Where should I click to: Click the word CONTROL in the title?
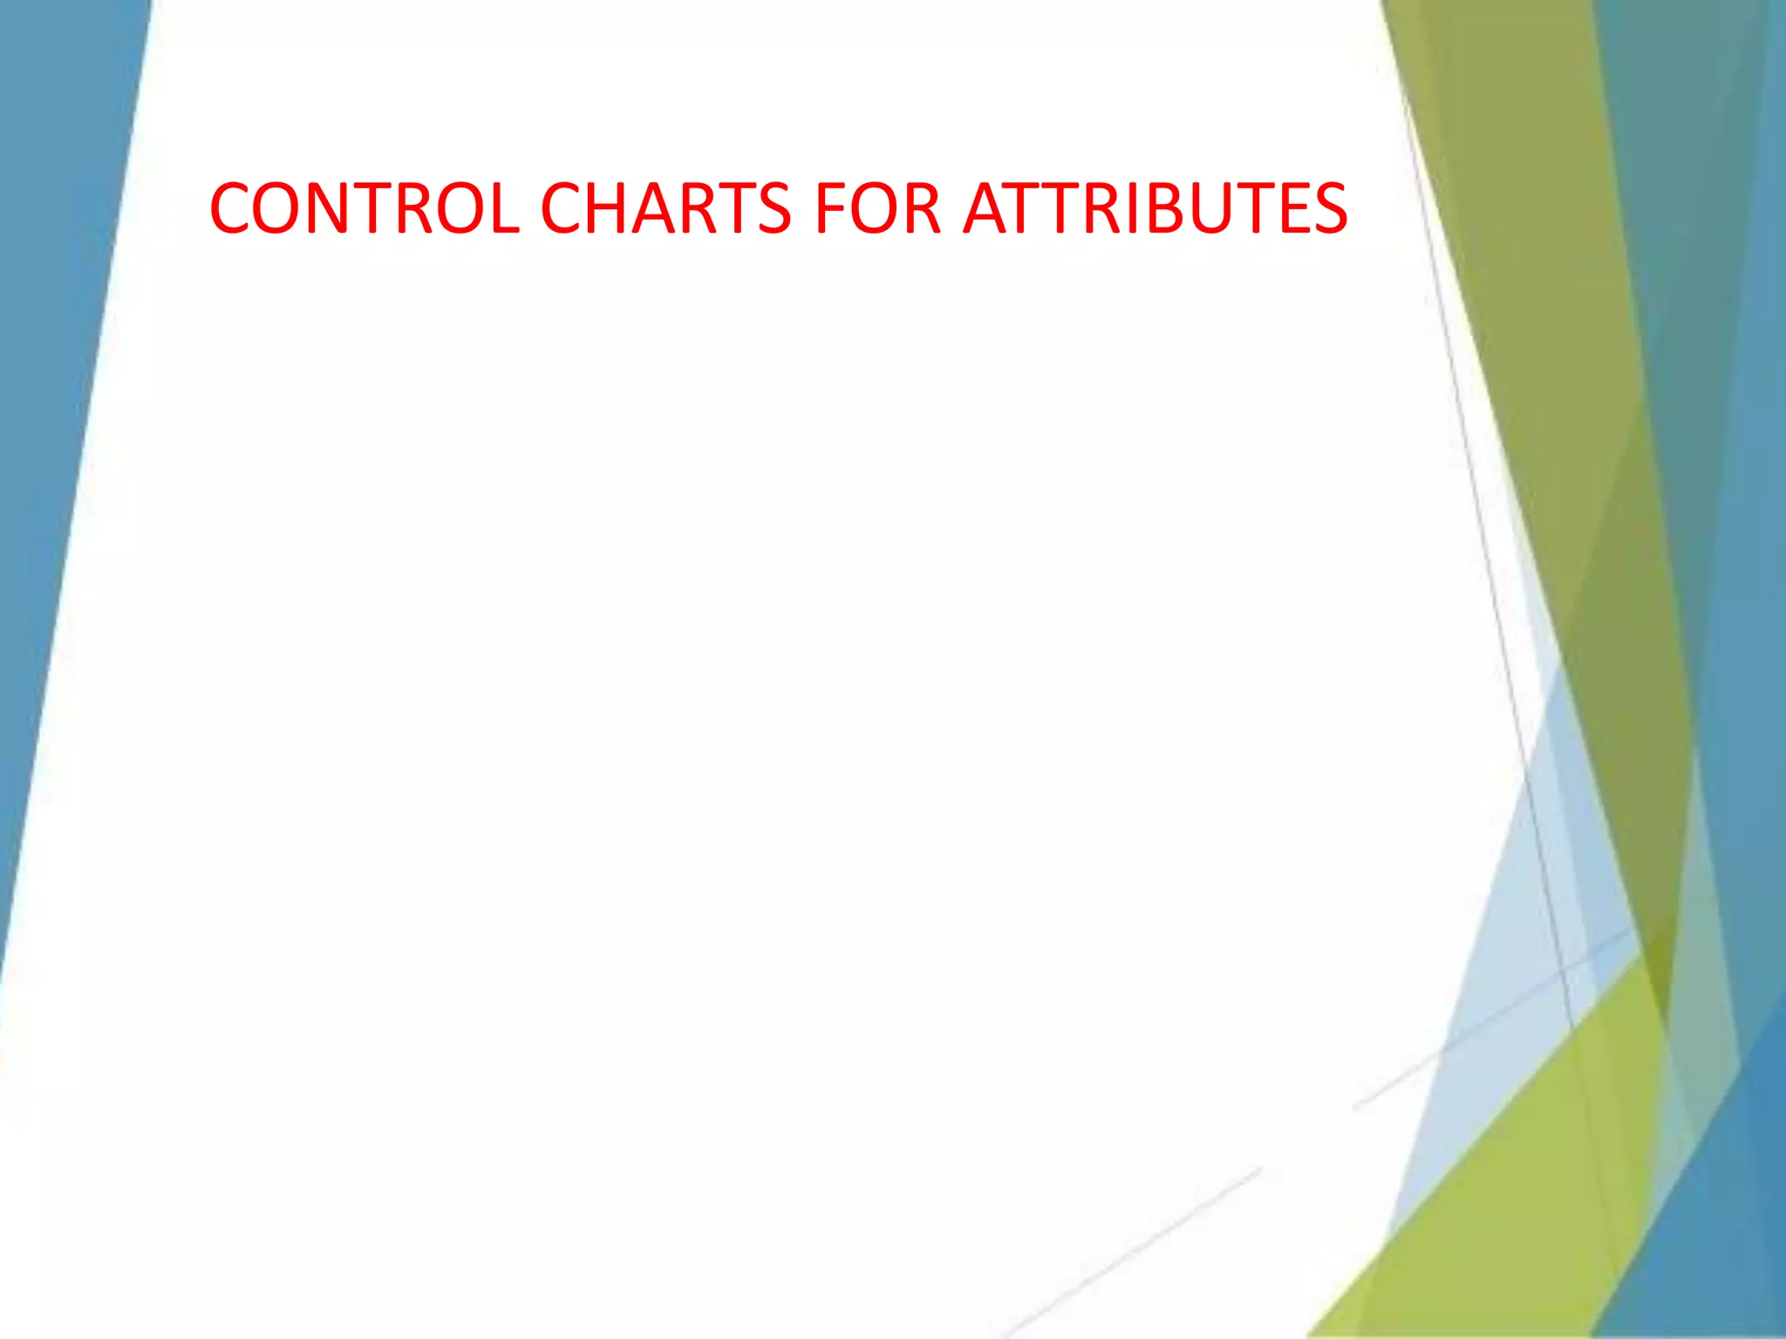point(365,209)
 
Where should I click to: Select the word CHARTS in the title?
point(665,209)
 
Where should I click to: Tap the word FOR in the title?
point(877,209)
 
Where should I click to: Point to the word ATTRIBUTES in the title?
point(1155,209)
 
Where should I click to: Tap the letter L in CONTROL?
point(504,209)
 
